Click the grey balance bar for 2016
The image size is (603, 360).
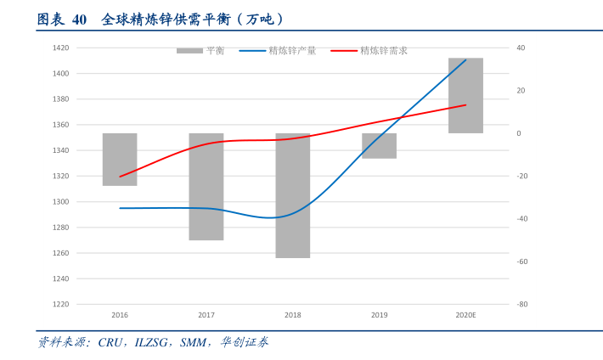pos(120,160)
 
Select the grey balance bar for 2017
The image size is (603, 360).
pos(206,187)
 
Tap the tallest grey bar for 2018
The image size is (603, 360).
pos(293,195)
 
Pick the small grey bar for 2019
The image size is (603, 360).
pos(380,146)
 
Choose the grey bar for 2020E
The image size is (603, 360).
pos(465,95)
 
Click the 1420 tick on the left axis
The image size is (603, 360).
pos(60,48)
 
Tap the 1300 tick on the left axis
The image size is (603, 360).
pos(60,202)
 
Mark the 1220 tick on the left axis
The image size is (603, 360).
pos(60,304)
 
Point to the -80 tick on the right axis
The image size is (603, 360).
pos(522,304)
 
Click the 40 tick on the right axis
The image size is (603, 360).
pos(521,48)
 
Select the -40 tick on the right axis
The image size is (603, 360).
pos(522,218)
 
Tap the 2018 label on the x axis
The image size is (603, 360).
pos(293,315)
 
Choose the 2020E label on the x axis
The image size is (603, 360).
pos(465,315)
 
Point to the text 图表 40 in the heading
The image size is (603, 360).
pos(62,19)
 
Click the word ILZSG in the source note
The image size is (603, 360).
pos(155,342)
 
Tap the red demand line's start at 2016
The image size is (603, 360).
pos(120,177)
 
